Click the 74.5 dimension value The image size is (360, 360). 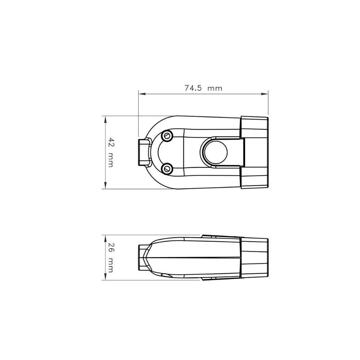(x=193, y=88)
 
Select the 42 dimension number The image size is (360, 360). (x=111, y=142)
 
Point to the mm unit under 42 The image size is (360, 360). (x=111, y=160)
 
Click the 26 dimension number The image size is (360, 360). (x=111, y=248)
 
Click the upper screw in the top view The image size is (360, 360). (x=167, y=135)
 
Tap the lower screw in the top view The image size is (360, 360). (x=167, y=168)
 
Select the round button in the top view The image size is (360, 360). (x=215, y=152)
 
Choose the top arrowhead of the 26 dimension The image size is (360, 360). (x=105, y=238)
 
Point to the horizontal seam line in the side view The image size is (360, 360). (x=194, y=258)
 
